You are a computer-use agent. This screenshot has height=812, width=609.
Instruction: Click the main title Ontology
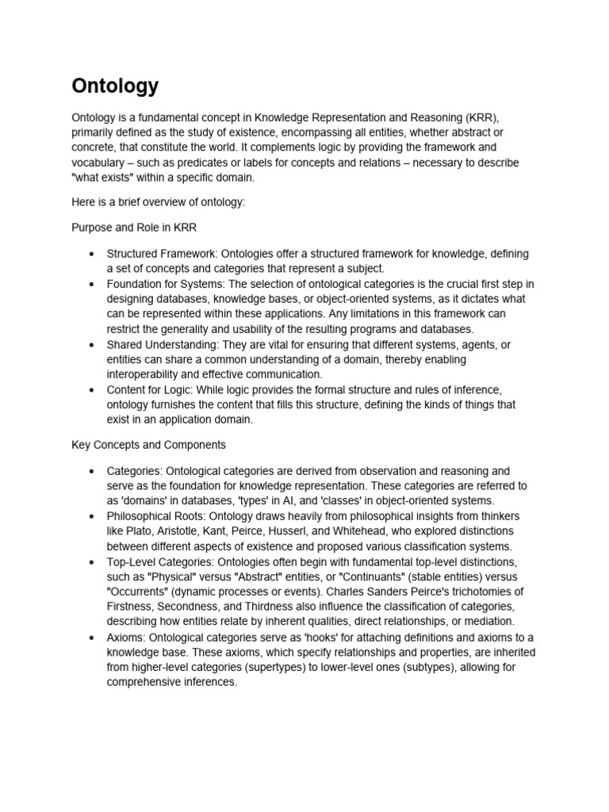tap(115, 86)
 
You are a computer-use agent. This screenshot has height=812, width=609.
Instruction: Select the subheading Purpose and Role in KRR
tap(134, 227)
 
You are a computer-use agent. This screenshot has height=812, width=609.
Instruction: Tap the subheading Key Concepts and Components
tap(148, 445)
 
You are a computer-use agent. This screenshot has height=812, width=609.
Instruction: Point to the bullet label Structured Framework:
tap(163, 254)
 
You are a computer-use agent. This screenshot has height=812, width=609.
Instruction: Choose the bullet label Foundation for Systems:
tap(167, 284)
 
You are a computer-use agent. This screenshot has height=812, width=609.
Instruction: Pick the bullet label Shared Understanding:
tap(163, 344)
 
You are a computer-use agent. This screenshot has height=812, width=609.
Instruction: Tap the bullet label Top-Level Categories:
tap(162, 561)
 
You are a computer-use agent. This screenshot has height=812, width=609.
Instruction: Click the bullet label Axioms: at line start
tap(126, 638)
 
